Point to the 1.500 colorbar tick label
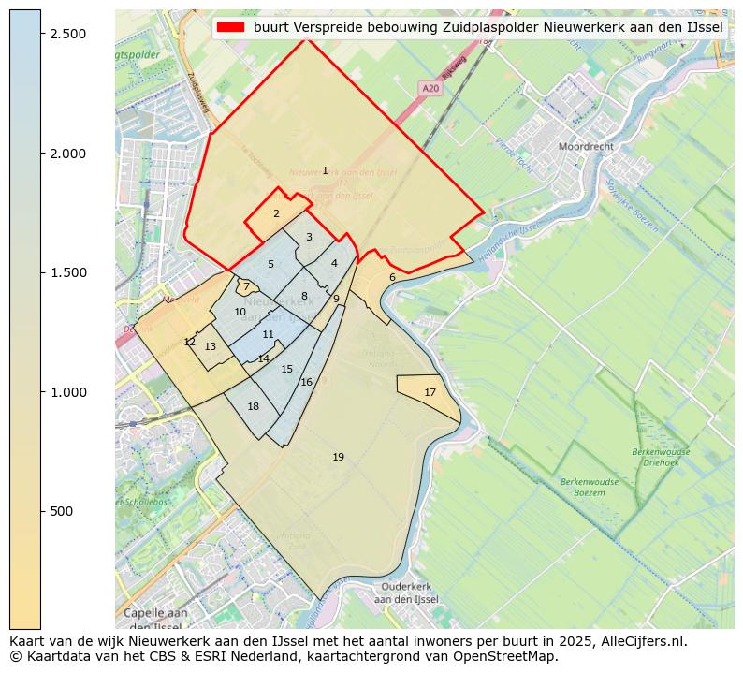66,272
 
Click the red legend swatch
230,27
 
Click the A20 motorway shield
430,88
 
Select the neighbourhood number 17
430,392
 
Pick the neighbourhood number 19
338,457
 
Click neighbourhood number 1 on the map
325,170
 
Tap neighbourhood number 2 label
276,213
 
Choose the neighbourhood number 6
392,277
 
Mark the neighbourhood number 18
253,406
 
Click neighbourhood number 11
268,334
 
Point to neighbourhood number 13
211,346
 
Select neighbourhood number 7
246,286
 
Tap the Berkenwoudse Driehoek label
661,456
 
